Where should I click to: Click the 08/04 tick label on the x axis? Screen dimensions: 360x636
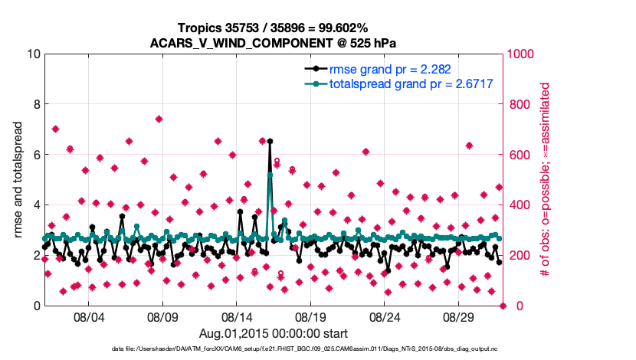[88, 316]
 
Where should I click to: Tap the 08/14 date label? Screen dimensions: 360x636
[237, 316]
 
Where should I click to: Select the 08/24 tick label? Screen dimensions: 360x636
[385, 316]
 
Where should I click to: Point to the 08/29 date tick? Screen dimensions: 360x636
[460, 316]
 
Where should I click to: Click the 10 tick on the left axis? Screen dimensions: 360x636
[32, 54]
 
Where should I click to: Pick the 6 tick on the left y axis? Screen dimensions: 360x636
[35, 155]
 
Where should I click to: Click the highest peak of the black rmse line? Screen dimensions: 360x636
[270, 141]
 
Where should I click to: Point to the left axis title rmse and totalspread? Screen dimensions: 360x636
[18, 180]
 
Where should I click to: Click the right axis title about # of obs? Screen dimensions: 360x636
[546, 180]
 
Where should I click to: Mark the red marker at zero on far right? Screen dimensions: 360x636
[503, 306]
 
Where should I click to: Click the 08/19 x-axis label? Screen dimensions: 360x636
[311, 316]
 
